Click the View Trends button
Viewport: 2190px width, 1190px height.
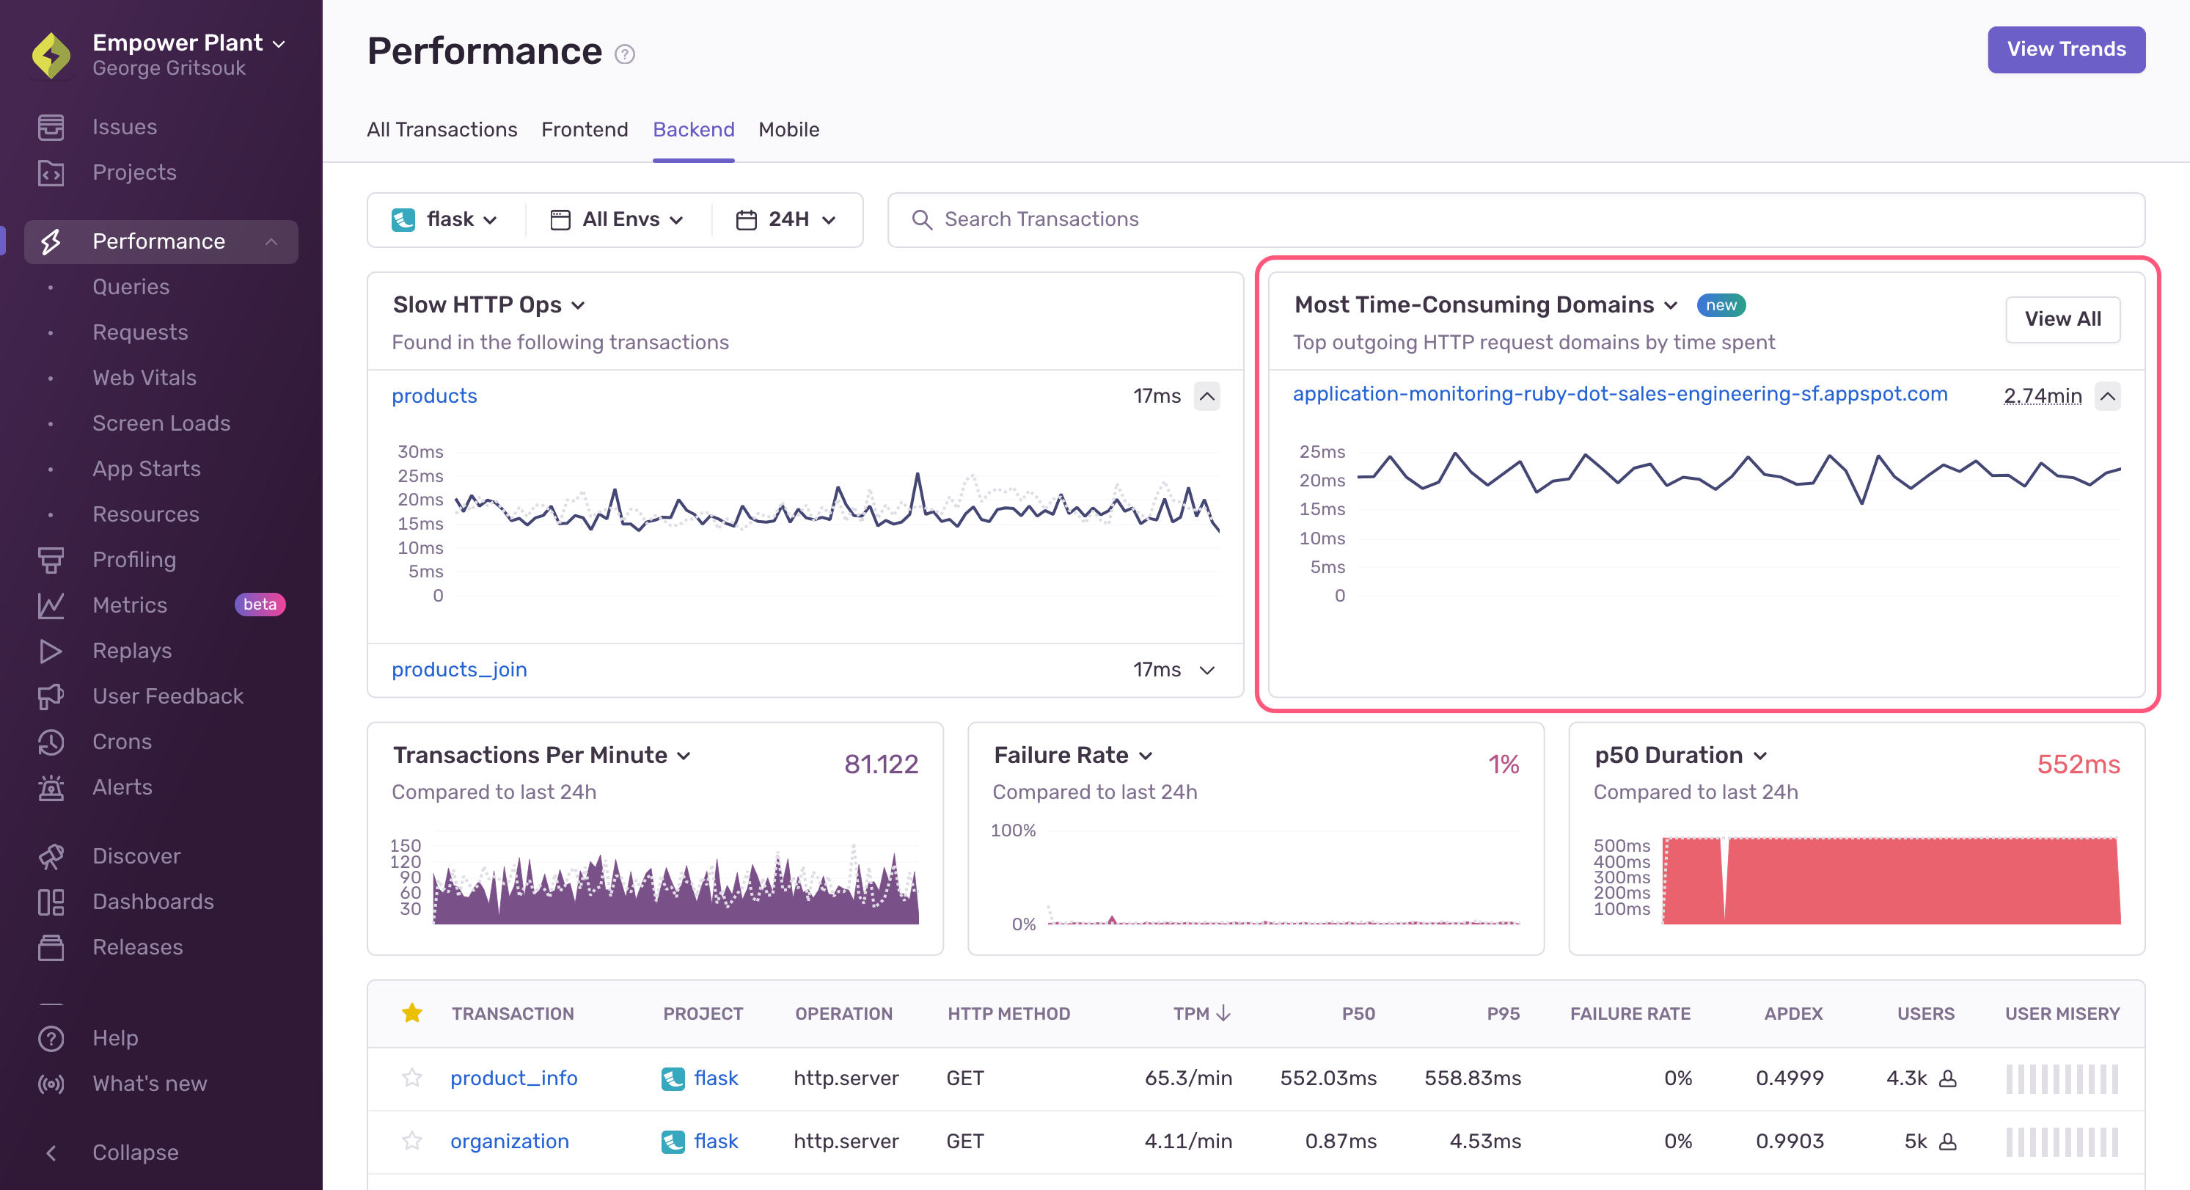(2065, 49)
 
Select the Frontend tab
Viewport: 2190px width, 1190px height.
(584, 129)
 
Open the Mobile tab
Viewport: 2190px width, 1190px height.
(788, 129)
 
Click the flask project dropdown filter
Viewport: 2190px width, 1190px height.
(444, 219)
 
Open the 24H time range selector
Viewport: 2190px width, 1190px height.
(785, 219)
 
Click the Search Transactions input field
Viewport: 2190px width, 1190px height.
(1513, 219)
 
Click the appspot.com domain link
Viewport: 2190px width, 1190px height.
(1619, 394)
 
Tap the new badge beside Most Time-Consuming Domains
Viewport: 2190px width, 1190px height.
(1720, 305)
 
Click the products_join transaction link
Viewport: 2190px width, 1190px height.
(459, 669)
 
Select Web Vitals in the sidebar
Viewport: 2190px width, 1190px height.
(144, 378)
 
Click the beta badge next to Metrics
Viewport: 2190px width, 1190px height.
(260, 604)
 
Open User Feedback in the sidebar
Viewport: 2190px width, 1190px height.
(167, 696)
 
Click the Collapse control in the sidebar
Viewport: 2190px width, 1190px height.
(134, 1152)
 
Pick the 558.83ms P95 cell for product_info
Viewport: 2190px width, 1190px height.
(1472, 1078)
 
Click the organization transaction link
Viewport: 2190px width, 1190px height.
(509, 1141)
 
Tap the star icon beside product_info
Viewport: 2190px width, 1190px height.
(412, 1078)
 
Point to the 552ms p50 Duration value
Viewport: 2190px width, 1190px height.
(2077, 764)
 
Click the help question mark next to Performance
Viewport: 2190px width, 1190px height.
(625, 54)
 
